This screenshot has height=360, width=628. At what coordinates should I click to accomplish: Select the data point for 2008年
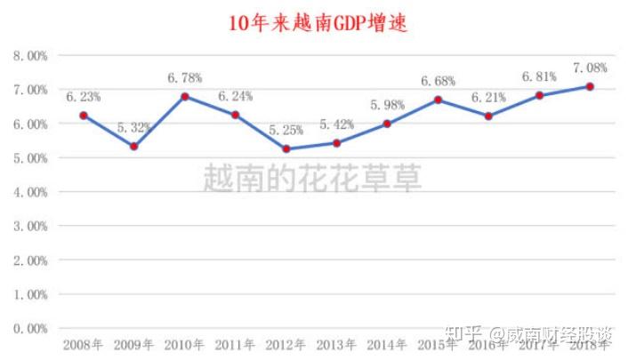83,116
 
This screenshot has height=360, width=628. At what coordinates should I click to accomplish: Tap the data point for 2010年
184,96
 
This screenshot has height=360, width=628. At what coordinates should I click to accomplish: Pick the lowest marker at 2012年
286,148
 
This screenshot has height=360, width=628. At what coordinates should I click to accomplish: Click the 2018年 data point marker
591,86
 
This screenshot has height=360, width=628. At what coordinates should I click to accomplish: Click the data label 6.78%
185,78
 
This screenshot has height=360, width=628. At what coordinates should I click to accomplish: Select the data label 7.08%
591,68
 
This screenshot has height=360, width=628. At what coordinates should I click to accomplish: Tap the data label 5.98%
387,105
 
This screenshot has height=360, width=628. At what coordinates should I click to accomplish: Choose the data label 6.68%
438,81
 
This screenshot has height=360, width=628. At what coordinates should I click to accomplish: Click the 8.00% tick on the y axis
29,55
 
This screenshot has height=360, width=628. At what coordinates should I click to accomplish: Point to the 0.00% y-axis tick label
29,328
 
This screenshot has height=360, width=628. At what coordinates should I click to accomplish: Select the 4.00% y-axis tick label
29,192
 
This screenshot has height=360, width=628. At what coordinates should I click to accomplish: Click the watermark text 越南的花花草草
312,178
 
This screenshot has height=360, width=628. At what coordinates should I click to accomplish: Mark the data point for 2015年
439,100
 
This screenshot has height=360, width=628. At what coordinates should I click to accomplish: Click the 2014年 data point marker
388,124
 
